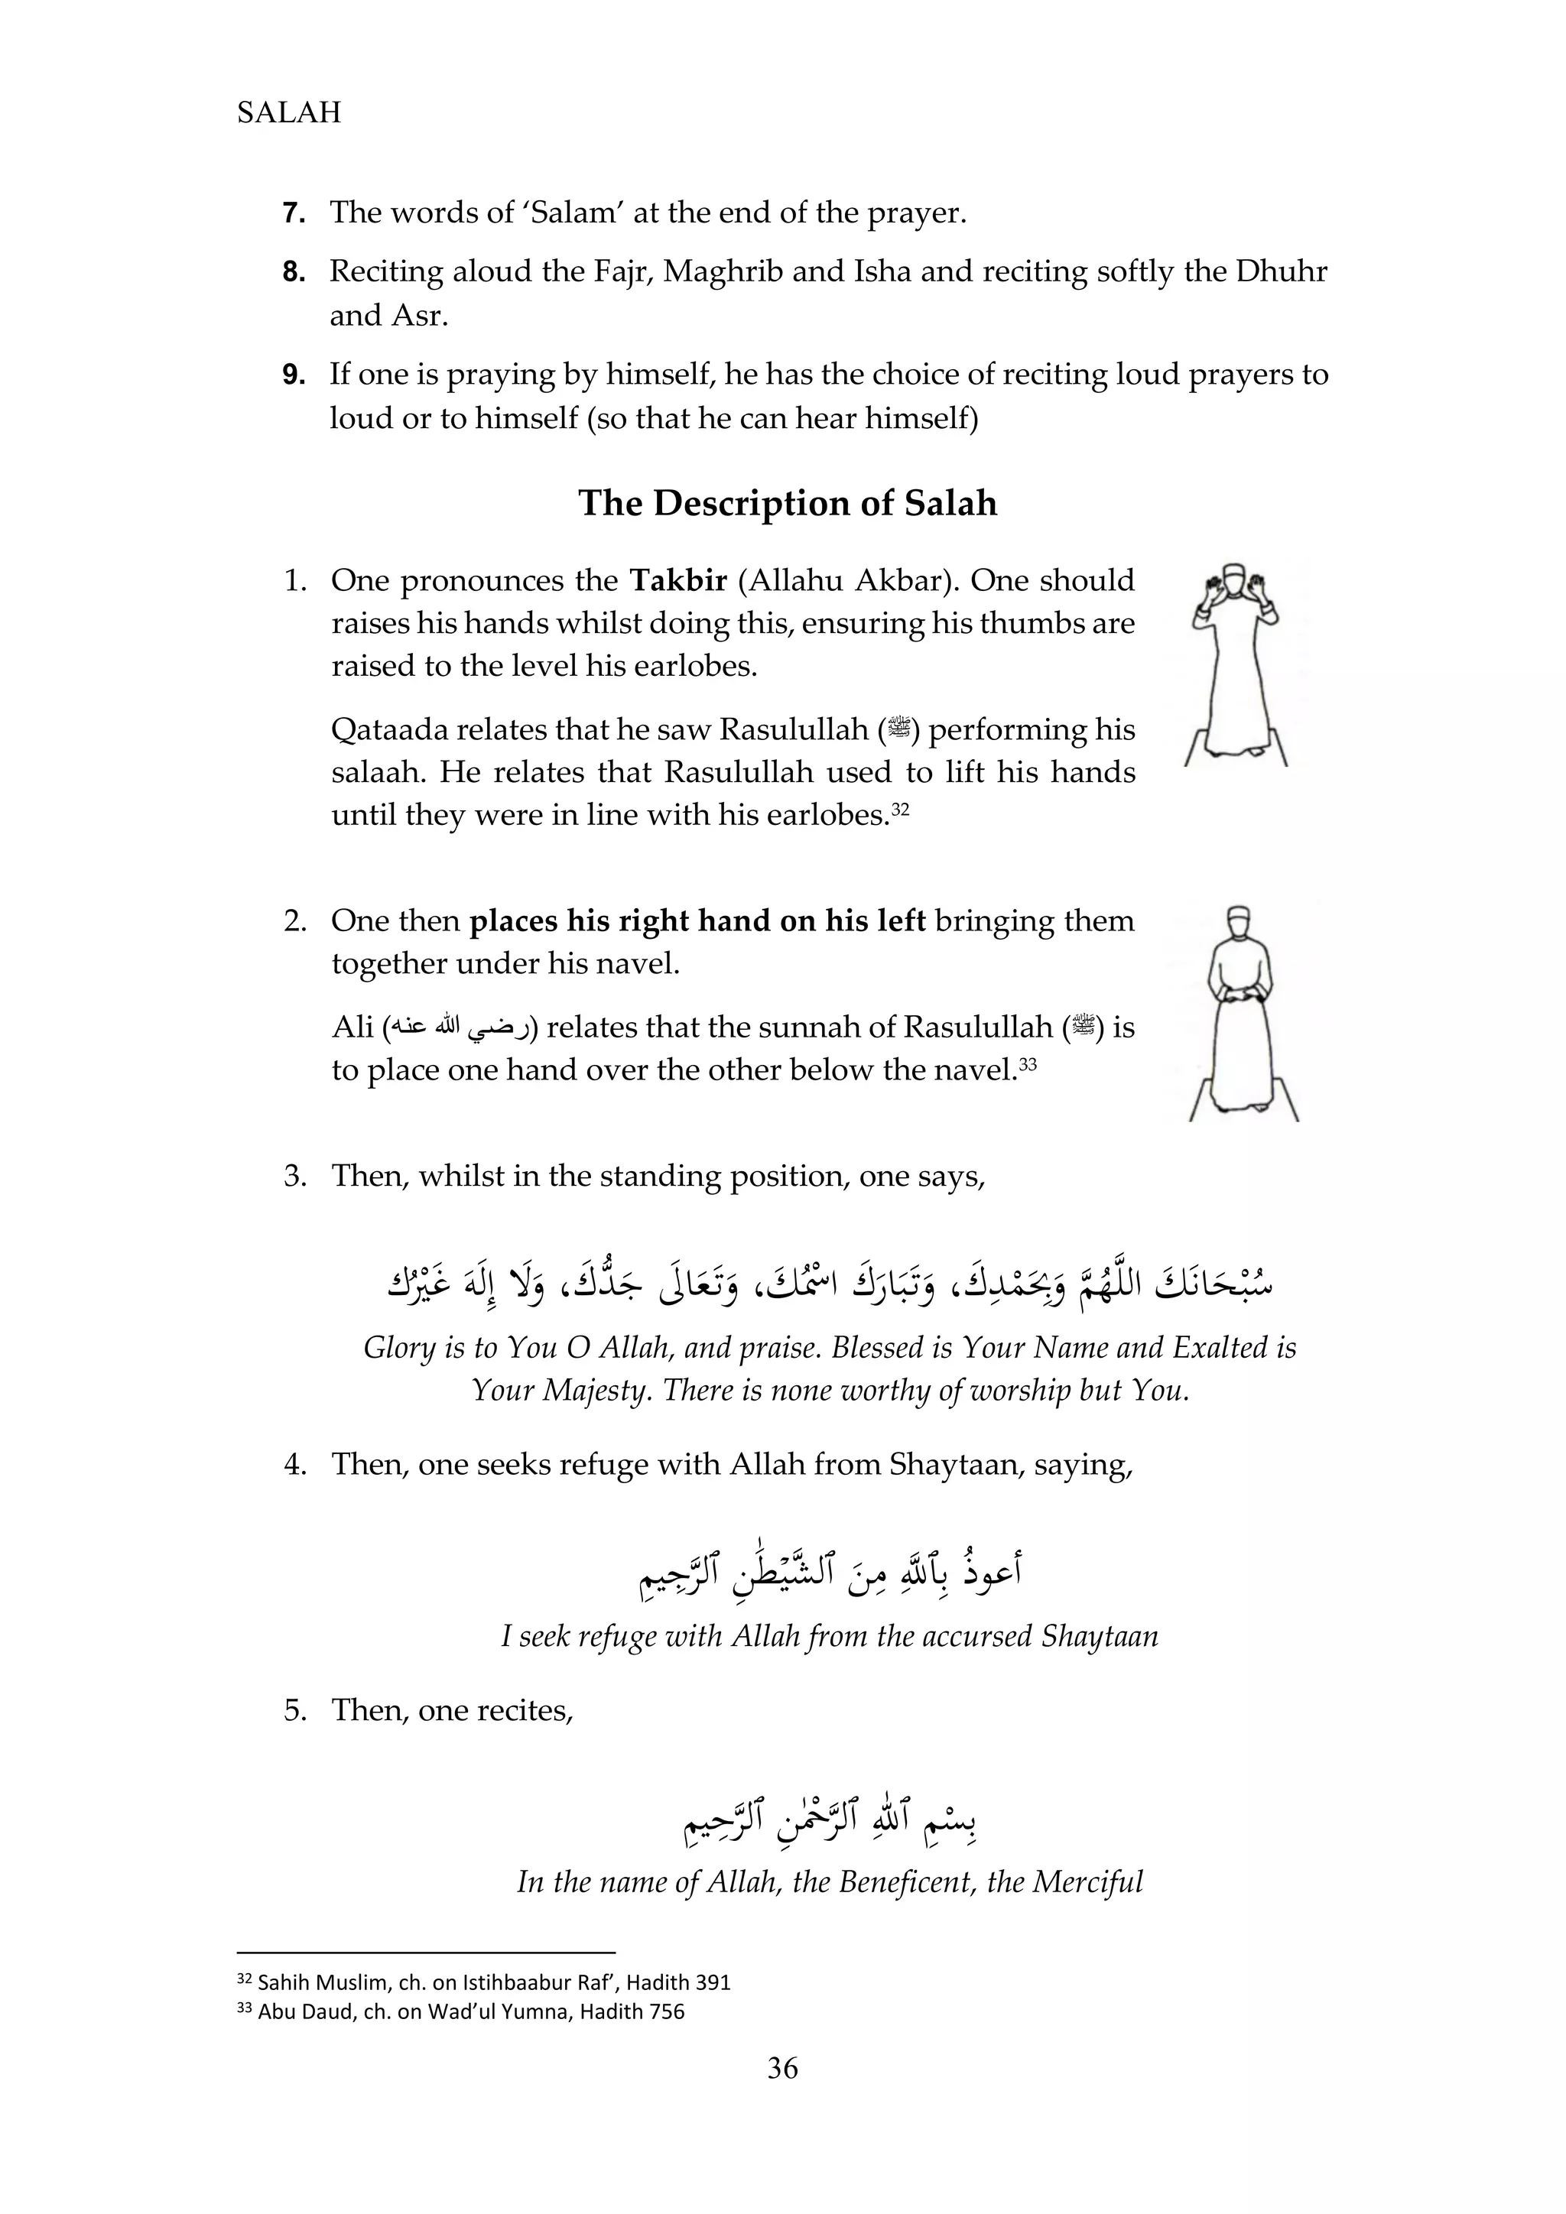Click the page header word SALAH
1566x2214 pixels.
288,113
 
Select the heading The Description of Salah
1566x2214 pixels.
787,503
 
